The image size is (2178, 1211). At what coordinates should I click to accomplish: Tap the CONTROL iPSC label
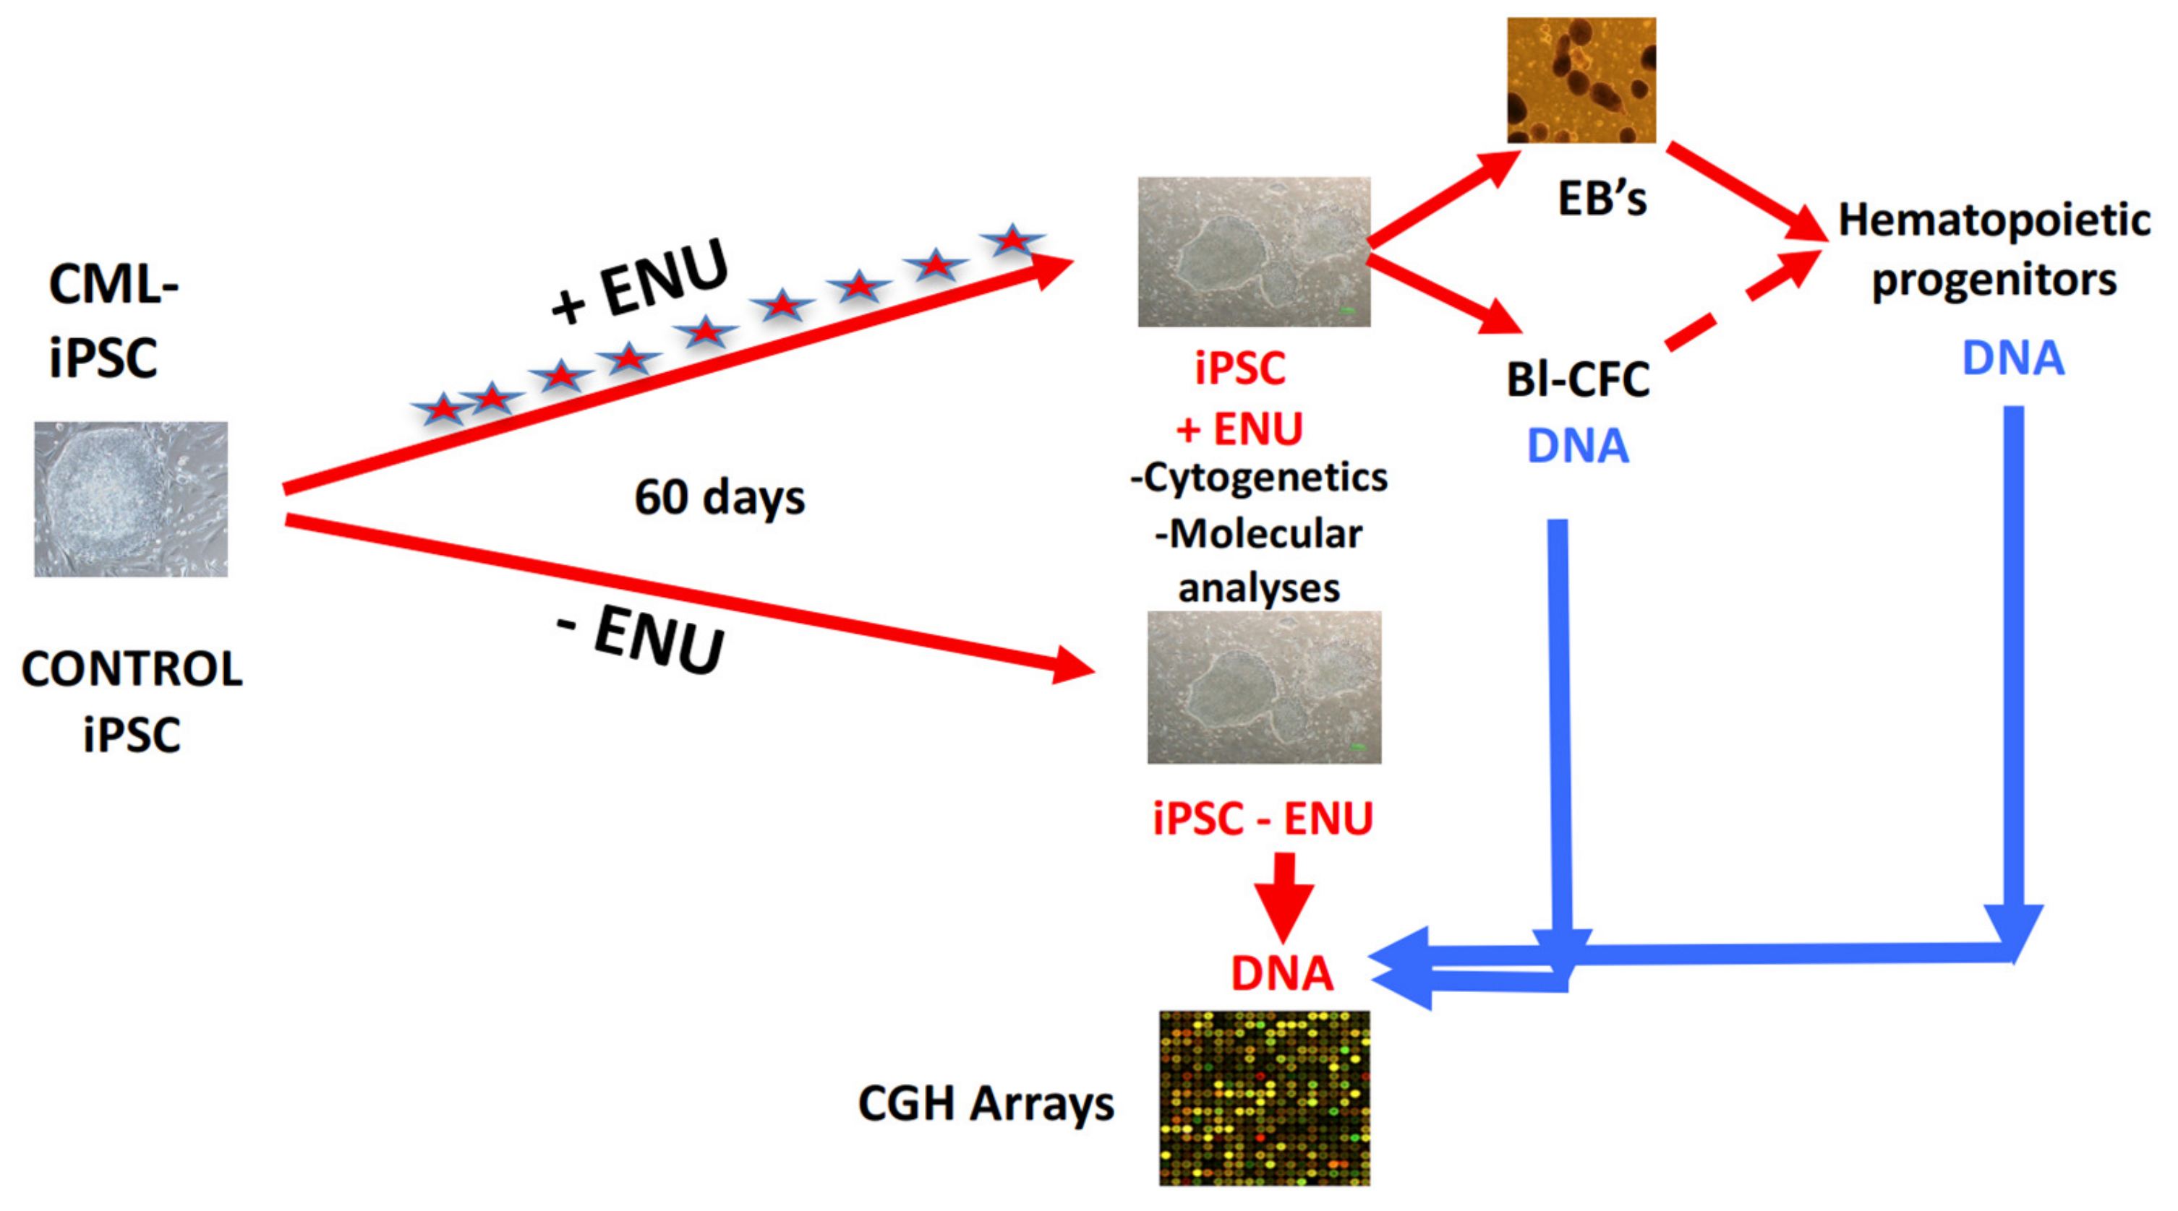coord(132,701)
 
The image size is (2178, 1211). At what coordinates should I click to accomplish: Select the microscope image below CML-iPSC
coord(131,499)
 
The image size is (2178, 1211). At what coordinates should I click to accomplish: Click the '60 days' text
coord(719,496)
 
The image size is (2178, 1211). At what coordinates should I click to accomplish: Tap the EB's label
coord(1602,199)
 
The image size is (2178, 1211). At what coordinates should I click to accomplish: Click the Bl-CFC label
coord(1578,379)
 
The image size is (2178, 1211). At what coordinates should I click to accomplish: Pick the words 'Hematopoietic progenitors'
coord(1994,249)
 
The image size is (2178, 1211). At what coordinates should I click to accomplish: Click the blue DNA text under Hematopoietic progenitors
coord(2013,358)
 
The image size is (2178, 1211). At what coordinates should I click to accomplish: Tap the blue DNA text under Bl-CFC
coord(1578,447)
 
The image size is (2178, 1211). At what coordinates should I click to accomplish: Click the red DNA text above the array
coord(1282,973)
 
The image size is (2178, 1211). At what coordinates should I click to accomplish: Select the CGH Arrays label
coord(986,1103)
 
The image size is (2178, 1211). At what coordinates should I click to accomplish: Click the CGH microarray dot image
coord(1264,1098)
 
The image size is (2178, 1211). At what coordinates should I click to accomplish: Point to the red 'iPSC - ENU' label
coord(1263,818)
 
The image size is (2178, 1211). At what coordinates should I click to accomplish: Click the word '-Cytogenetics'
coord(1259,478)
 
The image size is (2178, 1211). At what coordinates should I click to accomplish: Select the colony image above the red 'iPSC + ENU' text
coord(1254,252)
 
